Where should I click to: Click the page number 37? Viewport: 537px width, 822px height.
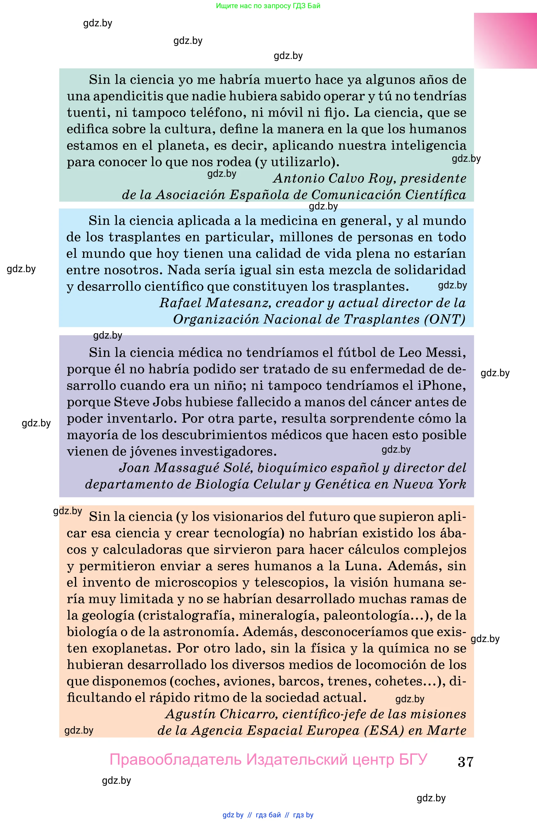(x=465, y=761)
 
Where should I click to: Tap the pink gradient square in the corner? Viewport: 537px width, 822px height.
(x=505, y=40)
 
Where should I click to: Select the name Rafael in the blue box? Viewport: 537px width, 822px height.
(x=180, y=303)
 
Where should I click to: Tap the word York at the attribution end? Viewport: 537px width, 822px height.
(x=451, y=484)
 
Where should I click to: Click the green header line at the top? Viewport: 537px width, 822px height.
(x=268, y=6)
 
